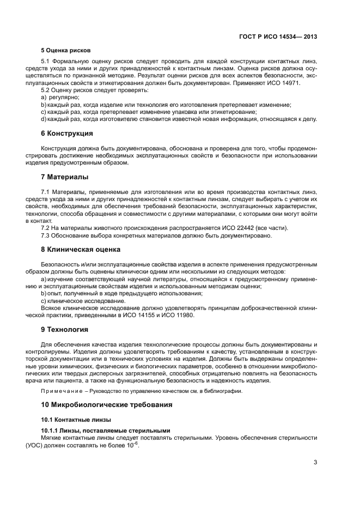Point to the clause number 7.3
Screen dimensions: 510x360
tap(46, 235)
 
